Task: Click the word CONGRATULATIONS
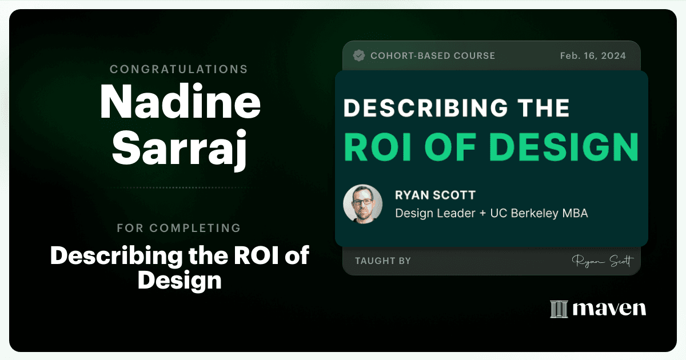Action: pyautogui.click(x=178, y=69)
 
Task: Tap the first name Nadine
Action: pyautogui.click(x=180, y=101)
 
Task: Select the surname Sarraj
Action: pyautogui.click(x=180, y=149)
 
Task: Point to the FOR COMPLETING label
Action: pyautogui.click(x=179, y=228)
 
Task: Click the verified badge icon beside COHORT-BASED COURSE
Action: pyautogui.click(x=358, y=56)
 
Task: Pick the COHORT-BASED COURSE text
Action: pyautogui.click(x=433, y=56)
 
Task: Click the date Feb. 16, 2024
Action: pyautogui.click(x=593, y=56)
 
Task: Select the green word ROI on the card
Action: pyautogui.click(x=378, y=147)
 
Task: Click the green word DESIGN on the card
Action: pyautogui.click(x=564, y=147)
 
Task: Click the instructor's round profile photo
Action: pyautogui.click(x=362, y=204)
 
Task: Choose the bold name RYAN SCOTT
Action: pyautogui.click(x=435, y=195)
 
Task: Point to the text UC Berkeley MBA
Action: pyautogui.click(x=539, y=213)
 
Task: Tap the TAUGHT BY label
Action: pyautogui.click(x=383, y=261)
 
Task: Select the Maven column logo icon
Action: pyautogui.click(x=559, y=309)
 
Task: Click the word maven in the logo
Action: pyautogui.click(x=609, y=309)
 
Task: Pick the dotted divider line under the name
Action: pyautogui.click(x=180, y=187)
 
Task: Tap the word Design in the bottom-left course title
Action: pyautogui.click(x=180, y=281)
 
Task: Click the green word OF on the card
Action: pyautogui.click(x=450, y=147)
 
